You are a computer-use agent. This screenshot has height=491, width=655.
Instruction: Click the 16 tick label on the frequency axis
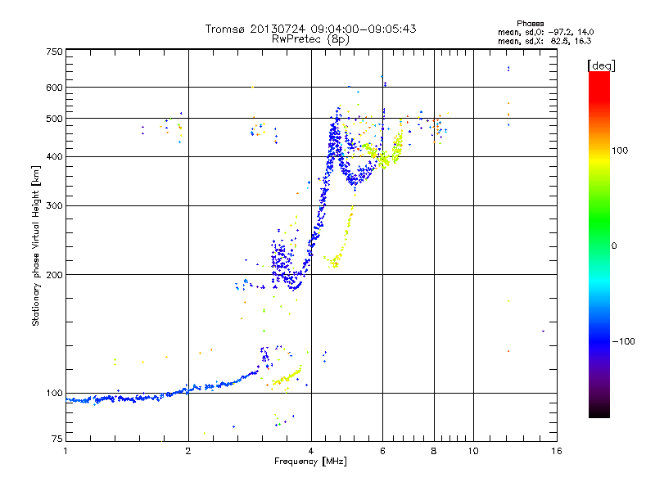554,451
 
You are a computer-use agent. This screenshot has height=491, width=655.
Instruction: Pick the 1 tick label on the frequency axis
65,451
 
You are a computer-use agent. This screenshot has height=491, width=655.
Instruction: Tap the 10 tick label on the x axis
473,451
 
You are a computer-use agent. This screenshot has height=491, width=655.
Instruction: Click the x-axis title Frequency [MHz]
310,462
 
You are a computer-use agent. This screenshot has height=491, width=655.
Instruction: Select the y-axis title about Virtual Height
36,245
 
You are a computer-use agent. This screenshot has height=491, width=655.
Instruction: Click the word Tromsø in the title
228,29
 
